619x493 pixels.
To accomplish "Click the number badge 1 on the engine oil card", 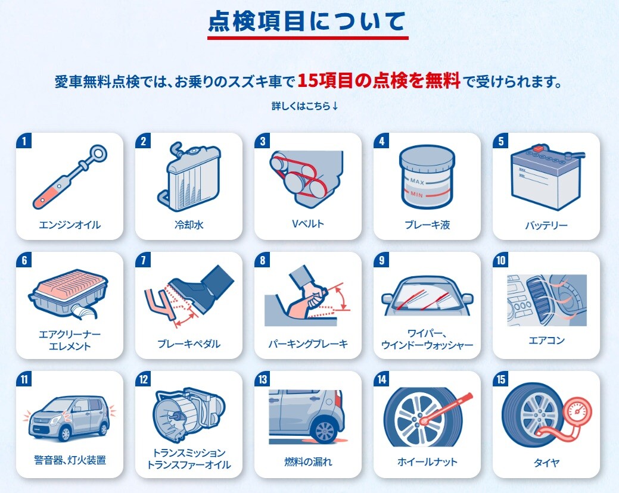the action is click(x=24, y=141).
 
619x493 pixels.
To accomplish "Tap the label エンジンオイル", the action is click(x=70, y=225).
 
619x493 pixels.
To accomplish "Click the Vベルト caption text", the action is click(x=308, y=224).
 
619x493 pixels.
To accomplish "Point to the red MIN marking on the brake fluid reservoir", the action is click(x=416, y=195).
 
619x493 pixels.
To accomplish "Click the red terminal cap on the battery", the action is click(x=537, y=148).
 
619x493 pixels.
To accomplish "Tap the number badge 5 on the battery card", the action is click(x=501, y=141).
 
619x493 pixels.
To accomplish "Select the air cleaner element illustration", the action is click(x=69, y=296).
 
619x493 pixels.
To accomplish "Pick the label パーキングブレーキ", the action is click(x=308, y=344).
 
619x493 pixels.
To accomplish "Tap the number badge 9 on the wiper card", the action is click(x=382, y=260).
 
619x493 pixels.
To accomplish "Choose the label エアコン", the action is click(x=547, y=340).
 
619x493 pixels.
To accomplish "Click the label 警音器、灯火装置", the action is click(x=70, y=460).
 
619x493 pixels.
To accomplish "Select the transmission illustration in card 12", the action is click(x=189, y=415).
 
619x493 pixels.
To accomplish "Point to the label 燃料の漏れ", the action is click(x=309, y=461).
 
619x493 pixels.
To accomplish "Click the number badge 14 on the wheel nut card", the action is click(x=382, y=379).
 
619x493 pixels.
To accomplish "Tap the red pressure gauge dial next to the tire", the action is click(x=577, y=412).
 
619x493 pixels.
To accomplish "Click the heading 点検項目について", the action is click(x=307, y=21).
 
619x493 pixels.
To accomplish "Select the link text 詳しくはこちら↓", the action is click(x=305, y=106).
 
